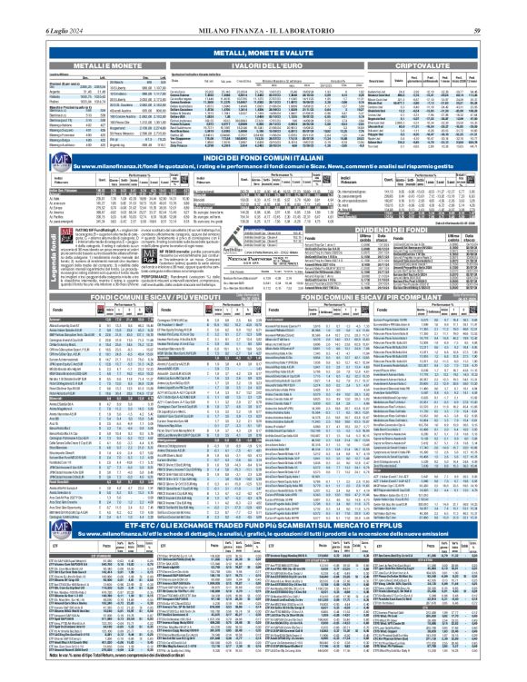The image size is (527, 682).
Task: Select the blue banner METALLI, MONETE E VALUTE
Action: (263, 54)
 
